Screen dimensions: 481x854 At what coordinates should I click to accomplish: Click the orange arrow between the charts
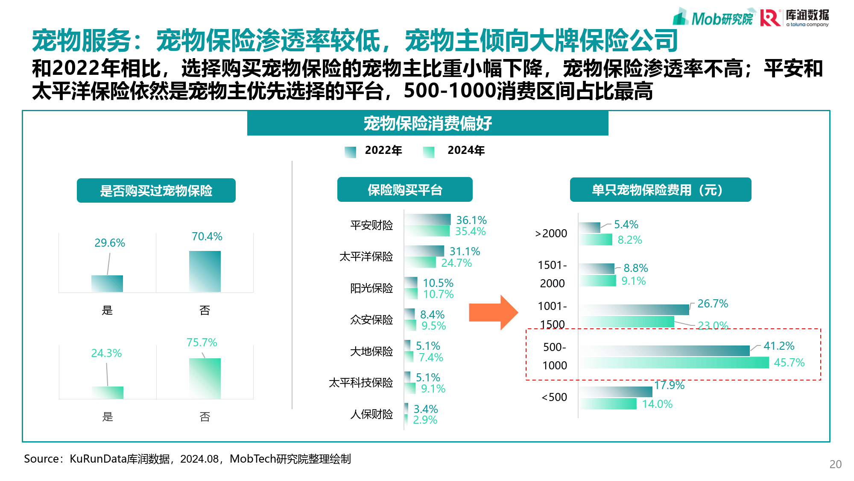click(x=492, y=313)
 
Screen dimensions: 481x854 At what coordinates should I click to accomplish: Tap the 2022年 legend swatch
click(x=350, y=152)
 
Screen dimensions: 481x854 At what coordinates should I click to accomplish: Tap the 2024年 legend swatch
click(x=428, y=152)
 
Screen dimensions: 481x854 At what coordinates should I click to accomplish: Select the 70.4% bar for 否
click(x=205, y=271)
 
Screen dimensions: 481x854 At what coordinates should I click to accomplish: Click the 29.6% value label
click(x=110, y=243)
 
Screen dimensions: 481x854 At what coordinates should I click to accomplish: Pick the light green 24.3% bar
click(x=108, y=392)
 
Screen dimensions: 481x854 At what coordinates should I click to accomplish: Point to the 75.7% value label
click(x=202, y=342)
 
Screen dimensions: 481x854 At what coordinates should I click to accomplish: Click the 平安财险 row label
click(x=371, y=225)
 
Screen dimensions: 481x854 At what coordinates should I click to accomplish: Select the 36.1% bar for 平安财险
click(x=428, y=219)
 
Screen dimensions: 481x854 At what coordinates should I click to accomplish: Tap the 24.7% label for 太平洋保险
click(x=456, y=263)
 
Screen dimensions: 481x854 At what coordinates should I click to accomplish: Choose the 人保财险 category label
click(x=371, y=414)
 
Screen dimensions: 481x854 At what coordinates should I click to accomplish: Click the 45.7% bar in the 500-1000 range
click(x=675, y=363)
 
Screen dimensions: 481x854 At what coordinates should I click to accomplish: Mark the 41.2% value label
click(x=779, y=346)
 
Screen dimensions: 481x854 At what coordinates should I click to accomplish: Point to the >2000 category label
click(x=551, y=233)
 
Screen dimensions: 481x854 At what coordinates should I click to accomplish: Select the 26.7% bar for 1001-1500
click(x=635, y=310)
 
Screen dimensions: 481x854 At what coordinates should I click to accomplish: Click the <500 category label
click(x=554, y=397)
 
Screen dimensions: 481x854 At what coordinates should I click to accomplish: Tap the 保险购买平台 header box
click(x=405, y=189)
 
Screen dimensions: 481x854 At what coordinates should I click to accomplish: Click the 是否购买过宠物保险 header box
click(x=156, y=190)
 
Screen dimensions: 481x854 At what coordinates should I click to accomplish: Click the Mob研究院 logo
click(x=713, y=18)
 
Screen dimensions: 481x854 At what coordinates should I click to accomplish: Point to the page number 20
click(x=835, y=464)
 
